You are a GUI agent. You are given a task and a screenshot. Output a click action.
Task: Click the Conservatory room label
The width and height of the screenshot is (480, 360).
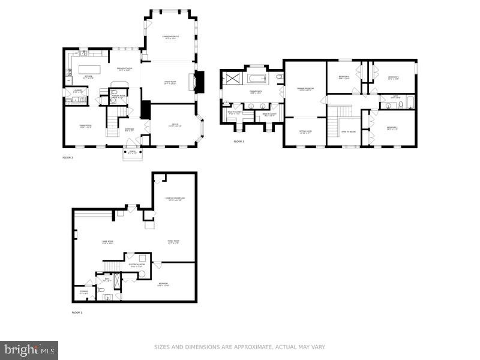171,38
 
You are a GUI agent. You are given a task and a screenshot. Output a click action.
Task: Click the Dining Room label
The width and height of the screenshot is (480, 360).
85,125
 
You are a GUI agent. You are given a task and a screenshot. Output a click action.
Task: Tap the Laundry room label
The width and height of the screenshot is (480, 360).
78,92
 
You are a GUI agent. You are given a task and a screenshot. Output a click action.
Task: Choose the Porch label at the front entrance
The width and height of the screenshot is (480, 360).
132,151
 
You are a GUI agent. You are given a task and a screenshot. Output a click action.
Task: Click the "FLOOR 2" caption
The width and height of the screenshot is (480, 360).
68,157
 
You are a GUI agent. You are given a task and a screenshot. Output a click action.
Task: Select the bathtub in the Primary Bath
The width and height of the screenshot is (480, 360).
257,78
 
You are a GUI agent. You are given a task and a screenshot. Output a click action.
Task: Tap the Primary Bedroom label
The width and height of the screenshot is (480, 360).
305,89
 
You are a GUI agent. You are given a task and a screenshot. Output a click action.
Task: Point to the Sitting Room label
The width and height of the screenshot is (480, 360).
305,133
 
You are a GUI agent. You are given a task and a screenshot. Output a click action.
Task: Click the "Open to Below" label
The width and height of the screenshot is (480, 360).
348,131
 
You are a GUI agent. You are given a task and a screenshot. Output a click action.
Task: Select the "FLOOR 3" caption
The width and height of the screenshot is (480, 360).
239,142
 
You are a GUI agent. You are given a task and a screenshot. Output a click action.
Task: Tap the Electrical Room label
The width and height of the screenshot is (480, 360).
137,265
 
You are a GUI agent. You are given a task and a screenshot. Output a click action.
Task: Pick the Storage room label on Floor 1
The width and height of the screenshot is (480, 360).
83,292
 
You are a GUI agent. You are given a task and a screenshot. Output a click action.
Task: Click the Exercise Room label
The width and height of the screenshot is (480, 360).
175,199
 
